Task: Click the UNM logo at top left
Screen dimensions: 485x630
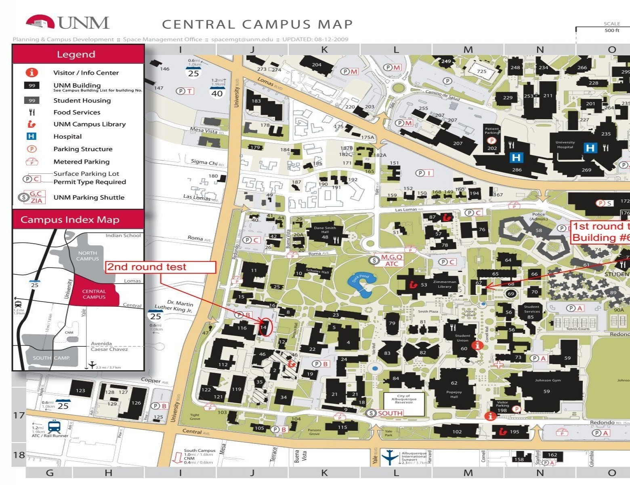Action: [x=68, y=23]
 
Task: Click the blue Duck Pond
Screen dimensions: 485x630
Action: [x=359, y=285]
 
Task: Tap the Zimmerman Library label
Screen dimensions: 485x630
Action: [x=444, y=284]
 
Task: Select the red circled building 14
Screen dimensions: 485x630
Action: [x=264, y=327]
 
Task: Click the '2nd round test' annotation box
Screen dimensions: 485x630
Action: [x=161, y=267]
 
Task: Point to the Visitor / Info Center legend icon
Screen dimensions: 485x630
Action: [x=32, y=72]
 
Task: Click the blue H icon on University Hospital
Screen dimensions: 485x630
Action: [x=590, y=148]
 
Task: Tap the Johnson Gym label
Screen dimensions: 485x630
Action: [x=548, y=380]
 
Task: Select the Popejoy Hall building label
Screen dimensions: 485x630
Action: [x=454, y=394]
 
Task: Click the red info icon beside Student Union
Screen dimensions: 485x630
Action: [x=478, y=346]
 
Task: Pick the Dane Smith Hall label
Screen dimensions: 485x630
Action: [x=325, y=230]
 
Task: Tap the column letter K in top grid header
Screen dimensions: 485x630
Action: [x=324, y=50]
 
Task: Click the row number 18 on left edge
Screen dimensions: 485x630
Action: [x=19, y=455]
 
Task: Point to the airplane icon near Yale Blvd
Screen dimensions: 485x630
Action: [x=390, y=457]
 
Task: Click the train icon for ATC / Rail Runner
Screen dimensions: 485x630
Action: [x=54, y=427]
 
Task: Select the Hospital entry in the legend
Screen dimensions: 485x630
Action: [x=67, y=137]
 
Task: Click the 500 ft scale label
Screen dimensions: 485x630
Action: [x=611, y=30]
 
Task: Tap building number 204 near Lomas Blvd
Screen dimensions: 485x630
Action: [x=317, y=65]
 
